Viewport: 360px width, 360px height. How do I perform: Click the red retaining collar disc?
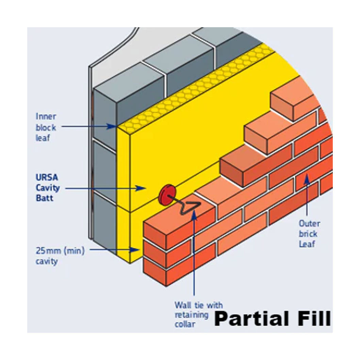(x=167, y=195)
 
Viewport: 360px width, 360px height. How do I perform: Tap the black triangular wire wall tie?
(x=190, y=207)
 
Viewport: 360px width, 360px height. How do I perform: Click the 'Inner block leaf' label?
(x=46, y=127)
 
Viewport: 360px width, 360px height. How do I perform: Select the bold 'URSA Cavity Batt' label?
(x=48, y=187)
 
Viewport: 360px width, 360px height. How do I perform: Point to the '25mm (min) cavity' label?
(x=60, y=256)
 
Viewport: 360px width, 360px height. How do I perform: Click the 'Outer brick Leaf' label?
(x=309, y=234)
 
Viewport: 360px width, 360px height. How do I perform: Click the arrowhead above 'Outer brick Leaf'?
(x=307, y=179)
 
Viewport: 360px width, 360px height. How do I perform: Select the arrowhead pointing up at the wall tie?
(x=194, y=214)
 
